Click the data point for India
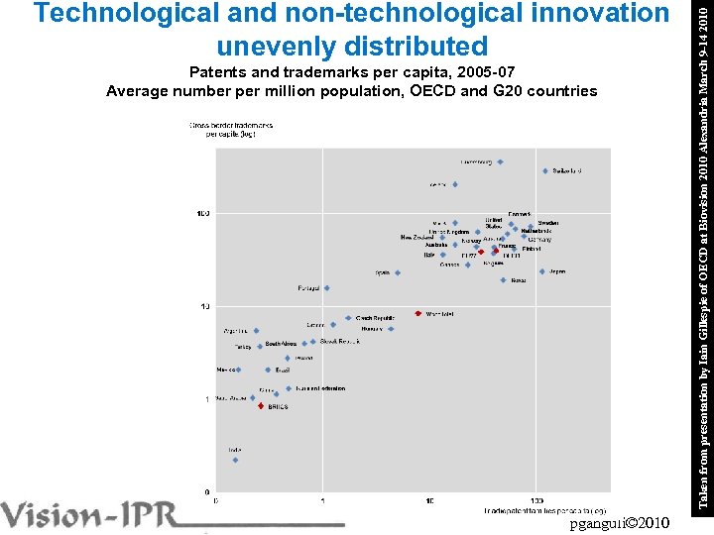(x=235, y=460)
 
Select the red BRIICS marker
(x=261, y=406)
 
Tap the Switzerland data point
(x=545, y=171)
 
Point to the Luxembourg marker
(x=500, y=161)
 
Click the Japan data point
(x=542, y=271)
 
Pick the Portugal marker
(x=326, y=288)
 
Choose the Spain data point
(x=398, y=272)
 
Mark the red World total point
(x=418, y=314)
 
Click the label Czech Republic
(x=377, y=317)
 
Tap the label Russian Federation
(x=319, y=388)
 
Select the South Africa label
(x=281, y=344)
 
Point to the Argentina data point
(x=256, y=331)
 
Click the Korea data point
(x=504, y=280)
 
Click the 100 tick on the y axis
(x=202, y=213)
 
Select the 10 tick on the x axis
(x=429, y=500)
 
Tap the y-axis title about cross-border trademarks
(x=231, y=130)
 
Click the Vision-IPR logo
(x=99, y=516)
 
